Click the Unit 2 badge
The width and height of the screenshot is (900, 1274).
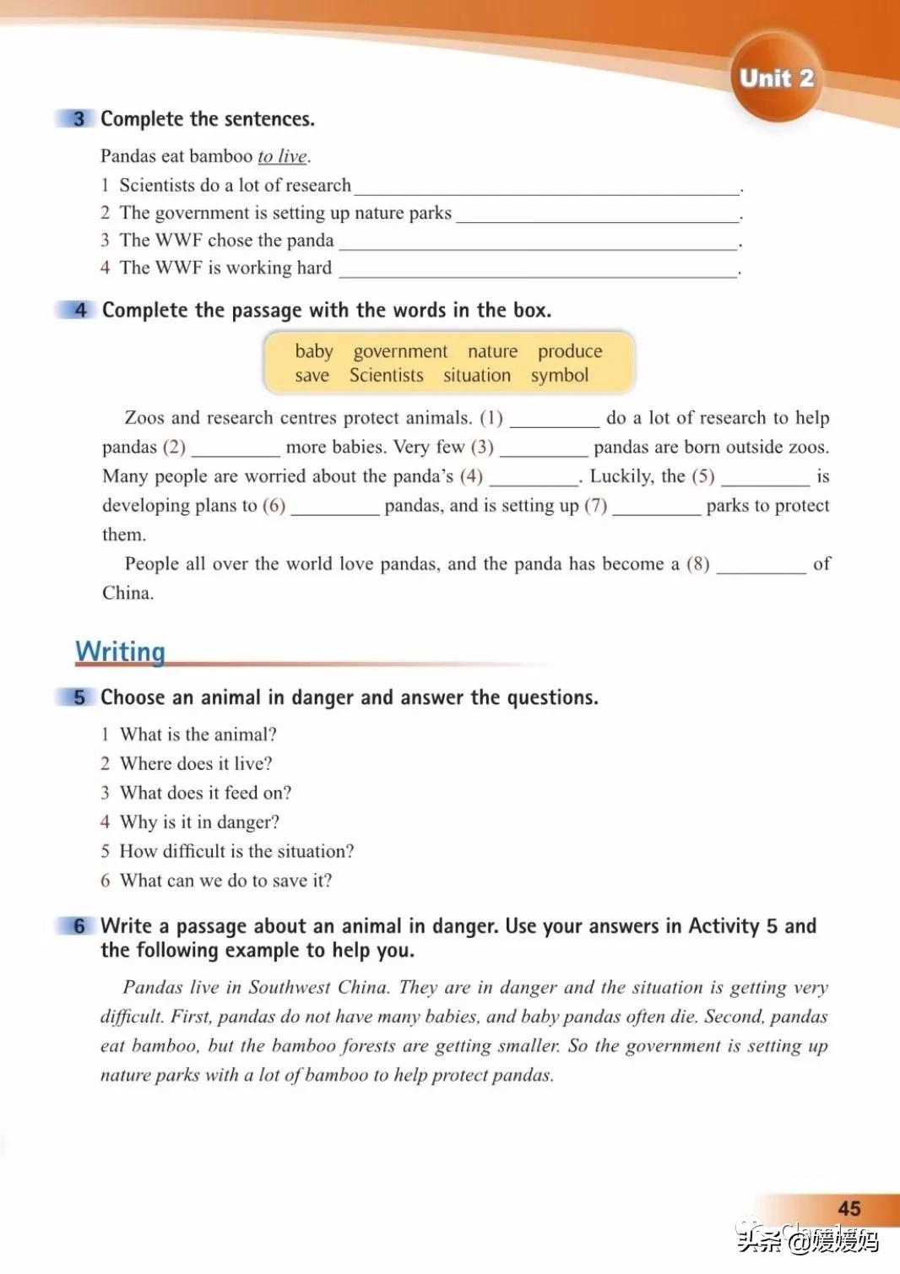tap(776, 79)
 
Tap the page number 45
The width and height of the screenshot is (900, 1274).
tap(848, 1208)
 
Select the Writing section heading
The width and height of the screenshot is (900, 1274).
tap(120, 651)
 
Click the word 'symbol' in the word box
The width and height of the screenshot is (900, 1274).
tap(559, 376)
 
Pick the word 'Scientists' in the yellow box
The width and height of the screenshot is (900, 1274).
tap(387, 376)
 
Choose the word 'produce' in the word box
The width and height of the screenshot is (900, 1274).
tap(570, 351)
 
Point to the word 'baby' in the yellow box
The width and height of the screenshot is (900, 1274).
tap(314, 351)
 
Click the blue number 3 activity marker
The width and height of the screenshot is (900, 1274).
tap(79, 119)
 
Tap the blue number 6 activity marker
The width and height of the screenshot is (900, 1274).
tap(79, 926)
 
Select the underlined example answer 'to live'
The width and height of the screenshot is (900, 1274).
tap(283, 156)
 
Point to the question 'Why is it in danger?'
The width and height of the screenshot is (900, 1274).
tap(199, 822)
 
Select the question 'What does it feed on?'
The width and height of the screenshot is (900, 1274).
tap(205, 793)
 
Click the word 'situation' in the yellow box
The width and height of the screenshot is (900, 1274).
tap(477, 376)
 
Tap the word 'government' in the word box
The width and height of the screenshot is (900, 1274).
tap(400, 351)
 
